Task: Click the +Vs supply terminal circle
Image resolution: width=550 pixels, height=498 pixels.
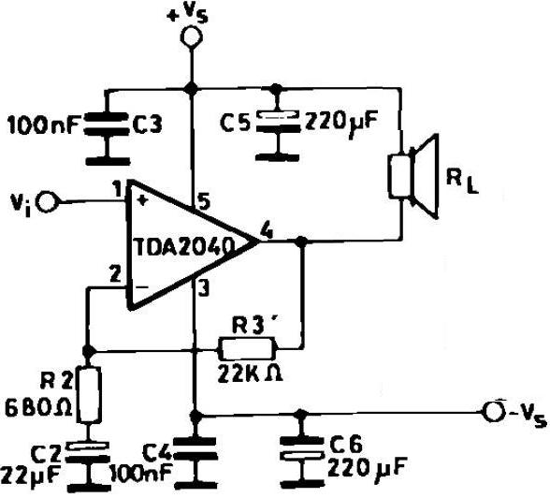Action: coord(192,37)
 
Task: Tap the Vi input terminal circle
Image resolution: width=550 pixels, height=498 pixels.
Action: coord(48,202)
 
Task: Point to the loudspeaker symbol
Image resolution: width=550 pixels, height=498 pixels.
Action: coord(413,176)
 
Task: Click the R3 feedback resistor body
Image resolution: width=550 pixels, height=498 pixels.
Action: coord(245,348)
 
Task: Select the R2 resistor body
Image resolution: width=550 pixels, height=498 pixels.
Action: coord(88,394)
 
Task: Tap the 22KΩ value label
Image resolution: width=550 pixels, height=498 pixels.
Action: coord(250,373)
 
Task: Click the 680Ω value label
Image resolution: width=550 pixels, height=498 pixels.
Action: coord(38,408)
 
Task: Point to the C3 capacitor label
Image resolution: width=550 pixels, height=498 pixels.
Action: coord(147,124)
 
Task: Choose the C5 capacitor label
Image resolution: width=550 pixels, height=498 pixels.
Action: coord(236,124)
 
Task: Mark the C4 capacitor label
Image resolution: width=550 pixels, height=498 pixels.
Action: coord(158,455)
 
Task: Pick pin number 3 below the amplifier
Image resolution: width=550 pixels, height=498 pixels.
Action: coord(204,289)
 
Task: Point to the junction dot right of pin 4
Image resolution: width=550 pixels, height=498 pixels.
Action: coord(301,242)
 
